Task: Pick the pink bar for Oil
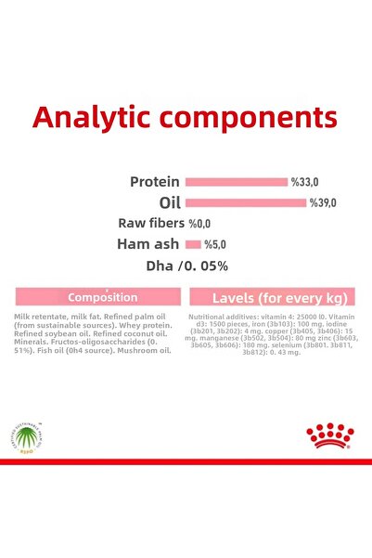tap(245, 202)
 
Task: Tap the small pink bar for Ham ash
tap(193, 244)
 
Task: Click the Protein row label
tap(154, 182)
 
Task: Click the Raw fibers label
tap(151, 224)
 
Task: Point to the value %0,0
tap(200, 224)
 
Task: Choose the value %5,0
tap(215, 245)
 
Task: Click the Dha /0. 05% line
tap(187, 266)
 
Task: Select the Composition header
tap(102, 297)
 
